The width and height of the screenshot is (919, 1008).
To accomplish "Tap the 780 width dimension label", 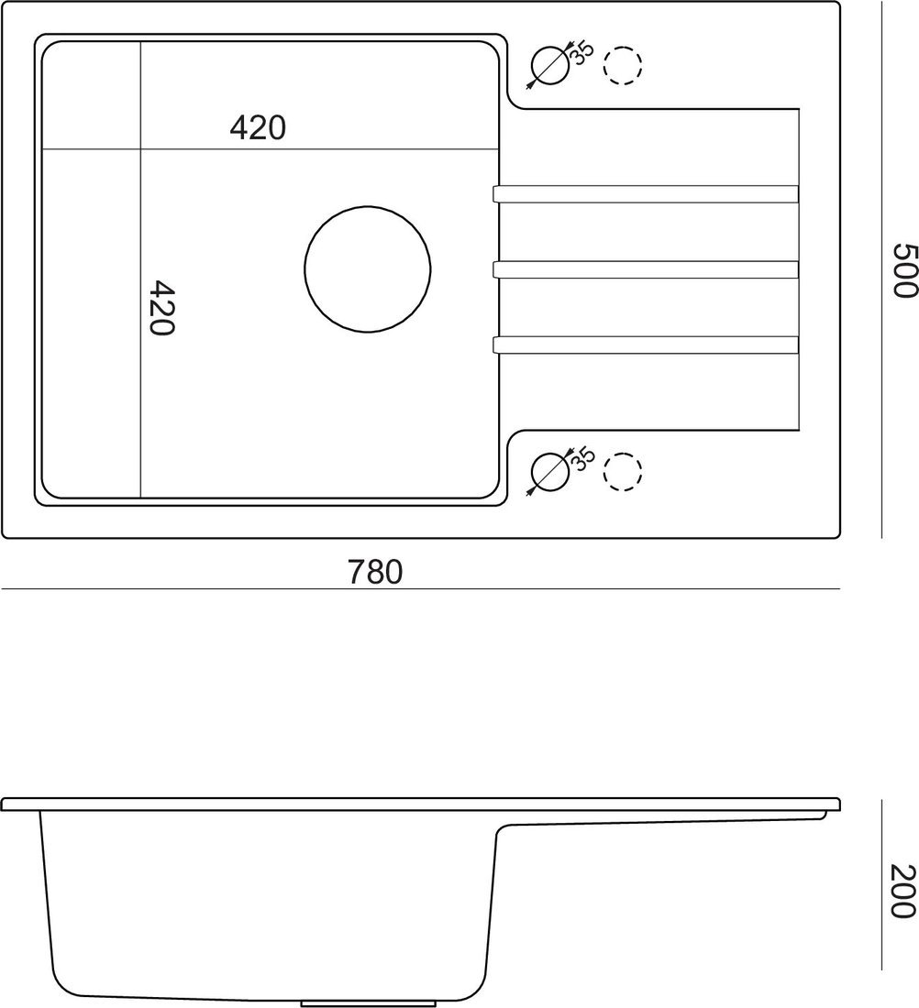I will (375, 573).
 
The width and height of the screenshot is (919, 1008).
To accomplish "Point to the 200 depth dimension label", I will (903, 892).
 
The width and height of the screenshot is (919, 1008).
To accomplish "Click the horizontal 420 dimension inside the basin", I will (258, 128).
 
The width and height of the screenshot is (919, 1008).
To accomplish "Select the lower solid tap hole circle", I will (549, 472).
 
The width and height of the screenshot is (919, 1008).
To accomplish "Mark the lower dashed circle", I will (623, 472).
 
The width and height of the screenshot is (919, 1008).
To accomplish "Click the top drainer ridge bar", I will (646, 193).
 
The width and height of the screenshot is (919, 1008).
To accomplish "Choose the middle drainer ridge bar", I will (646, 268).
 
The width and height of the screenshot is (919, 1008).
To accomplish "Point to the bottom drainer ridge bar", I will (646, 345).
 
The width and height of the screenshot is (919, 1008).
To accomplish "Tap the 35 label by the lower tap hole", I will (583, 458).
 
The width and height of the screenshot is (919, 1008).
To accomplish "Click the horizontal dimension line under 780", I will (419, 589).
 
